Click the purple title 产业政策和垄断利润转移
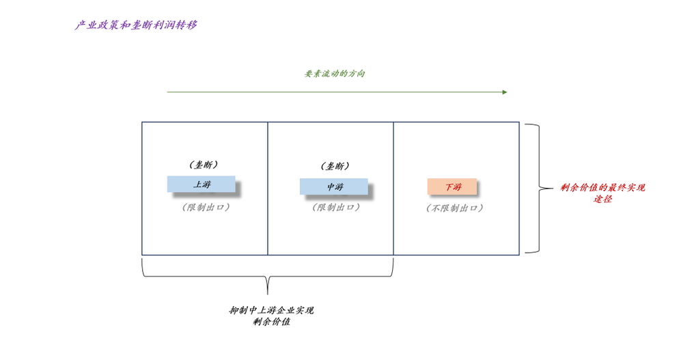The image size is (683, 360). [137, 25]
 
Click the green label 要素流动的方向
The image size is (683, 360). [335, 74]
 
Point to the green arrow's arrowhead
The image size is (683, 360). [505, 92]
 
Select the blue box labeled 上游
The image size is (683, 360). [201, 184]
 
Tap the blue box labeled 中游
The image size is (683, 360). [334, 186]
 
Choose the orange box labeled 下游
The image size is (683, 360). [452, 186]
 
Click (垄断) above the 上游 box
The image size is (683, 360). [202, 165]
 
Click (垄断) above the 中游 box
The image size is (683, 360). [335, 166]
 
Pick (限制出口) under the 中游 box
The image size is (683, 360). [336, 207]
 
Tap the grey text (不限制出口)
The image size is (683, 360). [455, 208]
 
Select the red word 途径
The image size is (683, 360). [602, 199]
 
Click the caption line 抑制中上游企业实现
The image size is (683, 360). [271, 310]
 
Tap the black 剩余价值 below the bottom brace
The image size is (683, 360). [271, 322]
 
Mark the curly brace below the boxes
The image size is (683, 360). [268, 276]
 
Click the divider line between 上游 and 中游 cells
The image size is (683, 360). [268, 225]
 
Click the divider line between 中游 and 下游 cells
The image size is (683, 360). [393, 225]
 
